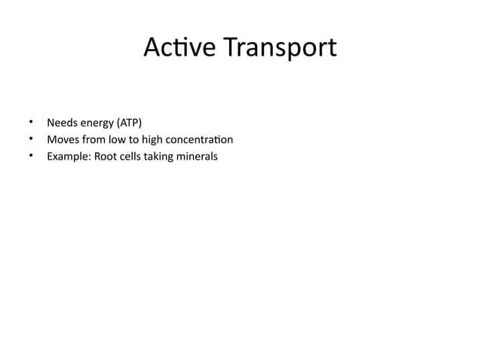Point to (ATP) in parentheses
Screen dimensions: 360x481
[x=129, y=122]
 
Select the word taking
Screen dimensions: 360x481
[x=161, y=157]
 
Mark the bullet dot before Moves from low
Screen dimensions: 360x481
[x=31, y=139]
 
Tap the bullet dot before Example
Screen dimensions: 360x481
[x=31, y=157]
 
